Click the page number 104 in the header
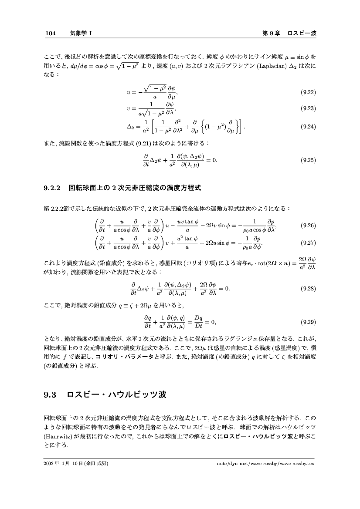point(51,33)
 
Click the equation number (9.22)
point(308,92)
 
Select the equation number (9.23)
point(308,108)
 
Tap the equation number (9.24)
point(308,127)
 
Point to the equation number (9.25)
point(308,160)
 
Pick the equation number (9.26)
point(308,226)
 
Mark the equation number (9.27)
point(308,243)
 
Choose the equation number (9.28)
point(308,288)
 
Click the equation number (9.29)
point(308,322)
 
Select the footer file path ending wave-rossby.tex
point(265,463)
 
